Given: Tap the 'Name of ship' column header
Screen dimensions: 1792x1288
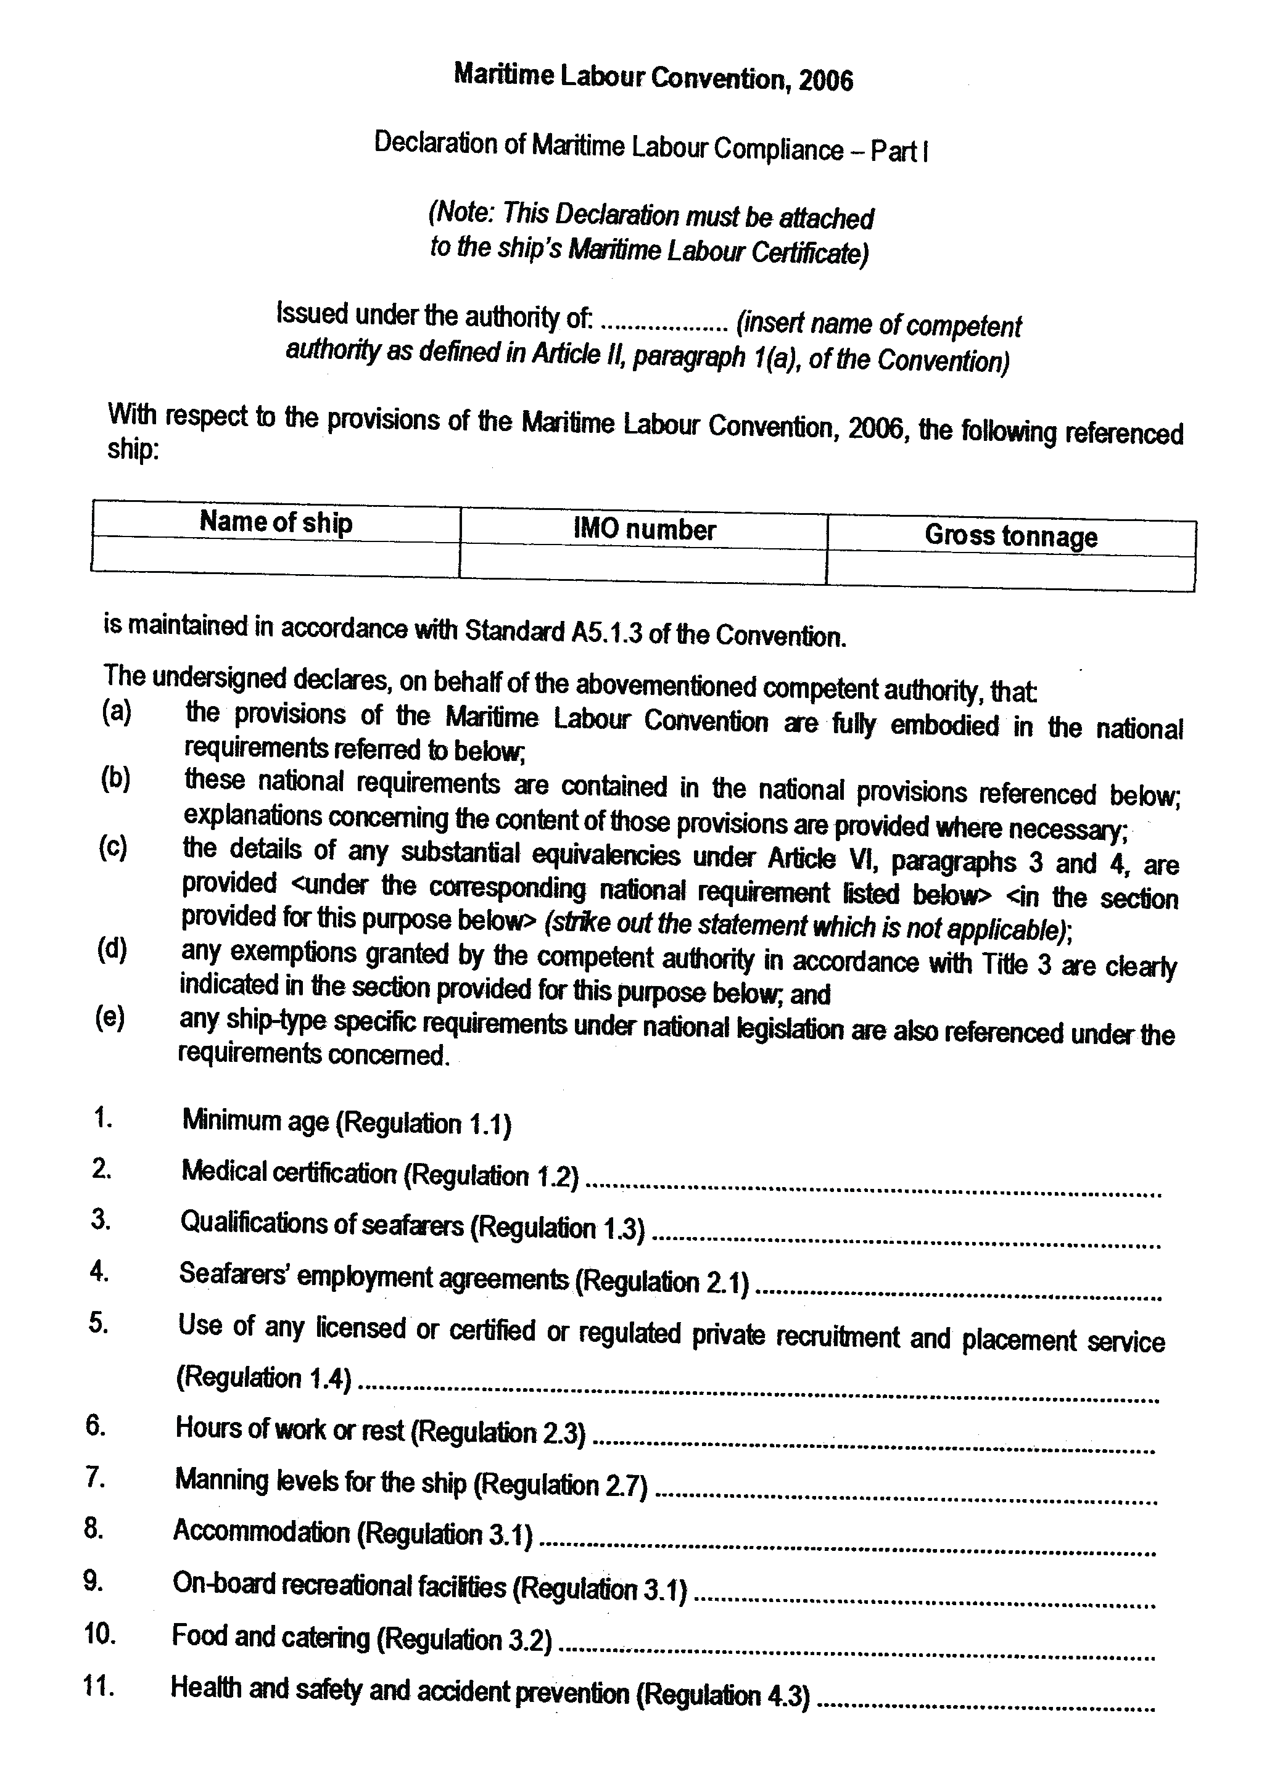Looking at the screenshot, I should [x=276, y=522].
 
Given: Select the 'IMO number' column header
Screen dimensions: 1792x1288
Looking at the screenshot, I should [x=644, y=529].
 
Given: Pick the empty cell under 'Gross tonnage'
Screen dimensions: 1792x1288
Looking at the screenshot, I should [x=1010, y=572].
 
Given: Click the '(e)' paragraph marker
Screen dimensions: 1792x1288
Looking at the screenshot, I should [x=110, y=1017].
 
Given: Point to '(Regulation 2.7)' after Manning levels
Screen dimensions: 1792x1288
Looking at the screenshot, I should [x=560, y=1486].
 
